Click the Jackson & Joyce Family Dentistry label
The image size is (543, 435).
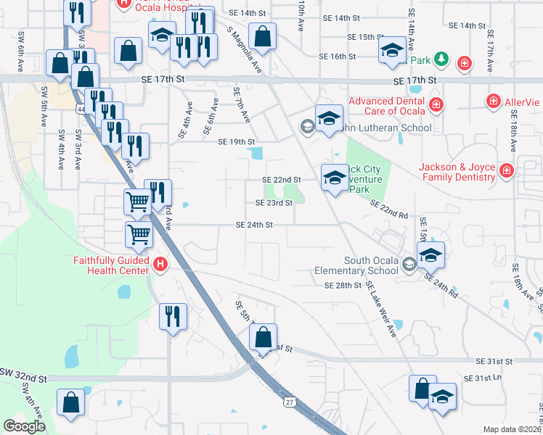pos(456,171)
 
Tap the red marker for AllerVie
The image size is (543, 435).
pos(493,100)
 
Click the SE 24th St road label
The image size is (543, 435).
pos(254,225)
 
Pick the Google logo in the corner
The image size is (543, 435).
pos(23,426)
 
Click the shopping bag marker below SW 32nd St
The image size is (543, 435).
pos(71,402)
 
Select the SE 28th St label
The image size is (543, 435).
pos(343,286)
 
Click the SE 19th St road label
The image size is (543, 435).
pos(237,142)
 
